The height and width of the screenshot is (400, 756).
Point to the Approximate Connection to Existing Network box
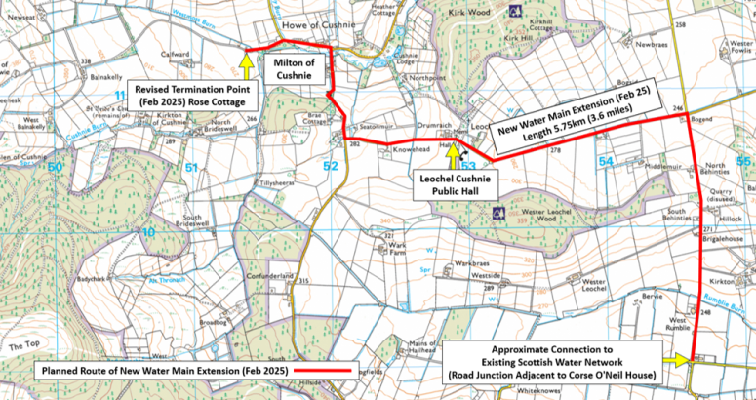pyautogui.click(x=552, y=361)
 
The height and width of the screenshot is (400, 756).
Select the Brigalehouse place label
pyautogui.click(x=723, y=237)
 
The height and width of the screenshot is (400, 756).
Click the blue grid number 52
pyautogui.click(x=330, y=168)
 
